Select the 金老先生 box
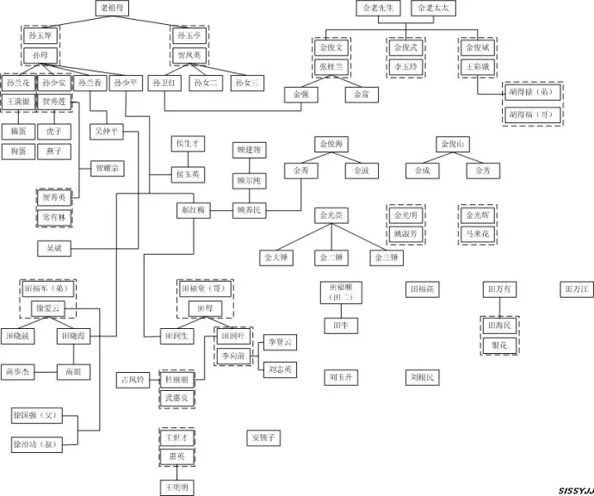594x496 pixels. [x=379, y=9]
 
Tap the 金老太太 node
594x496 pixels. [x=434, y=9]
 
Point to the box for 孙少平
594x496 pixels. [x=126, y=84]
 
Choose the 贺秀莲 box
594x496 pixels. [x=53, y=102]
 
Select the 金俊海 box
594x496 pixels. [x=331, y=143]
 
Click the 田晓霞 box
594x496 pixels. [x=74, y=335]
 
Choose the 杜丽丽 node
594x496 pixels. [x=180, y=379]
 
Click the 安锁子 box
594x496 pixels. [x=263, y=437]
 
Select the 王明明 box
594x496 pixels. [x=179, y=488]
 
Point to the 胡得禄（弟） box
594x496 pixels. [x=532, y=91]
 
